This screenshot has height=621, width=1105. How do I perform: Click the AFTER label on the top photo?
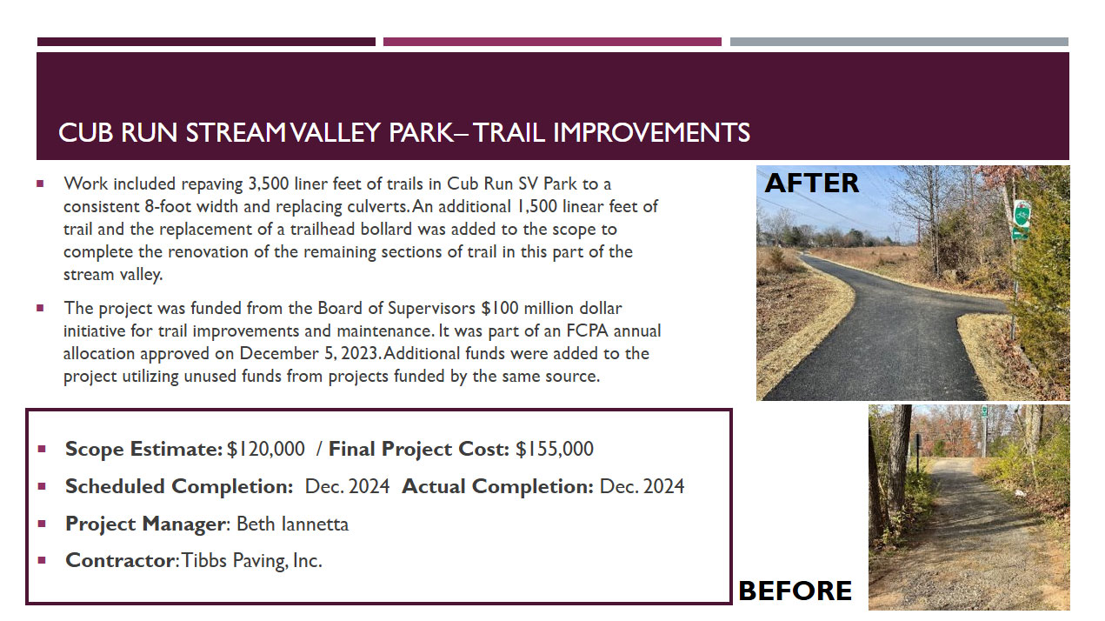coord(811,183)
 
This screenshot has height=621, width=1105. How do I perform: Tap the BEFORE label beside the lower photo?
coord(795,591)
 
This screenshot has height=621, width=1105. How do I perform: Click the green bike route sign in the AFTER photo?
coord(1022,215)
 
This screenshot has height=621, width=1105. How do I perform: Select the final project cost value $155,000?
coord(555,449)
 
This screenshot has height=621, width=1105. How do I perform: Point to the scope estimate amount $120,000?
coord(266,449)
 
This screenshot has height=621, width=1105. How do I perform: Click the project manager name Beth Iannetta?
coord(292,524)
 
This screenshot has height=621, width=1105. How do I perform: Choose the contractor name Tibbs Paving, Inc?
coord(251,561)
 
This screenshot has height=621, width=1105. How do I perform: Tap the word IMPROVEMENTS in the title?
coord(651,133)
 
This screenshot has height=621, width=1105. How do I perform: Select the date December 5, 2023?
coord(309,353)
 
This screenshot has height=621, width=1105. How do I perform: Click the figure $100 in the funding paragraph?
coord(500,308)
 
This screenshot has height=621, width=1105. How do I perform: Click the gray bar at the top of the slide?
coord(899,42)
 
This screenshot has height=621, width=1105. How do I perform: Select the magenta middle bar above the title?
coord(552,42)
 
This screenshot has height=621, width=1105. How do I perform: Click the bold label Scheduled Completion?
coord(179,487)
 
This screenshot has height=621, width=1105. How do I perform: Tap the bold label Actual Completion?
coord(498,487)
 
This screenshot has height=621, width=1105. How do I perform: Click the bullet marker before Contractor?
coord(42,560)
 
